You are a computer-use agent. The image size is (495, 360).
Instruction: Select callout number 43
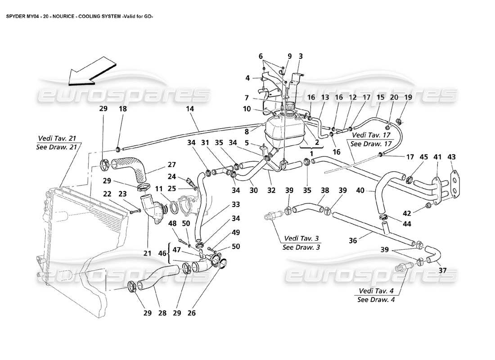point(451,157)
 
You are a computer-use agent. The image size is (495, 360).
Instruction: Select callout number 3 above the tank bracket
point(301,56)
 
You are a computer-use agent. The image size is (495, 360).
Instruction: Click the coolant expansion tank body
point(283,130)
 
